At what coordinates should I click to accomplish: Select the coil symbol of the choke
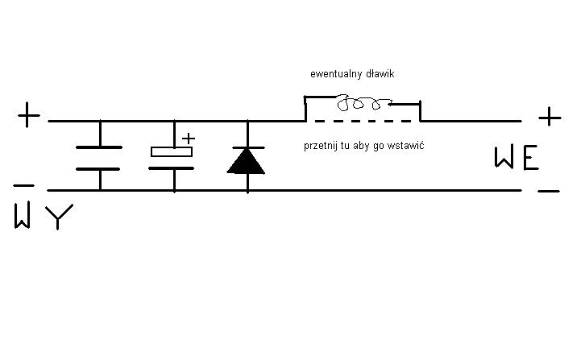click(363, 104)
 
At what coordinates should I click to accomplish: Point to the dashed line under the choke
click(363, 121)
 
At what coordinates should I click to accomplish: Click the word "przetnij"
click(322, 146)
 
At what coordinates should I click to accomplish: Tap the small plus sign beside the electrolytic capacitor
click(189, 138)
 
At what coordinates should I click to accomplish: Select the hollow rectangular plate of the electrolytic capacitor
click(172, 151)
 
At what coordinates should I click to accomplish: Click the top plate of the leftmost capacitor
click(99, 147)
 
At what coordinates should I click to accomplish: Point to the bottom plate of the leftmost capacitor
click(99, 169)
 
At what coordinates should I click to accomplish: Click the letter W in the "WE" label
click(504, 159)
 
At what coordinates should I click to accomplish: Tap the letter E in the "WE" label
click(529, 159)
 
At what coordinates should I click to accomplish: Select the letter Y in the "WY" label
click(60, 217)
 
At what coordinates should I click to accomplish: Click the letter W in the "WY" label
click(23, 217)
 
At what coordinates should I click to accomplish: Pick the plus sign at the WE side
click(550, 118)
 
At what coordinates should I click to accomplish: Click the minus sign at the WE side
click(548, 192)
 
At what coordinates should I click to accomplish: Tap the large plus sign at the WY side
click(28, 117)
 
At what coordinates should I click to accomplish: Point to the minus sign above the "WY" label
click(23, 185)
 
